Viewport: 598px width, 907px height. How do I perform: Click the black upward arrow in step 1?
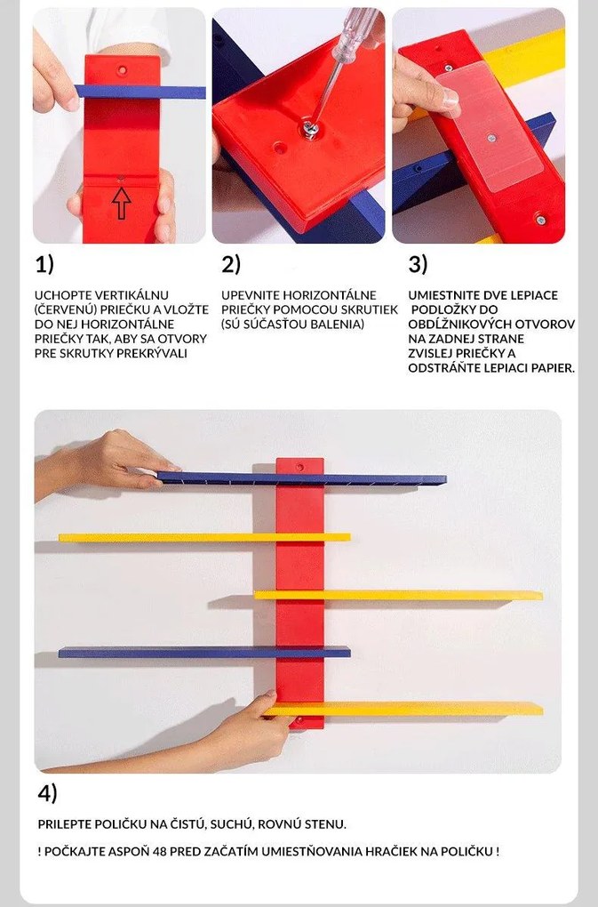(x=121, y=204)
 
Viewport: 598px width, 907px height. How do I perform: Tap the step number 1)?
(x=44, y=264)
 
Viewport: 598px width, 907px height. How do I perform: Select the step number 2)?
(x=231, y=264)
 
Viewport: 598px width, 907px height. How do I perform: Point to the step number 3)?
(x=419, y=264)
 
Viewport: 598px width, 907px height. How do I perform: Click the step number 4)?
(x=48, y=793)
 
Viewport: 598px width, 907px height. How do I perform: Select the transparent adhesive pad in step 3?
(x=490, y=127)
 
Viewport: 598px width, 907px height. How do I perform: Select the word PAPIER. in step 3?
(x=553, y=368)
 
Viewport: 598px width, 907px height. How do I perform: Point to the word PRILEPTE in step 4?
(x=64, y=824)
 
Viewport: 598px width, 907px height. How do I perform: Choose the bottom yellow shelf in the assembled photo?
(x=403, y=709)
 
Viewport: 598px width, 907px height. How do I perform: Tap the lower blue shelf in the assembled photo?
(x=204, y=653)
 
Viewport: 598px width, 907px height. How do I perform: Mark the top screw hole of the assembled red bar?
(x=299, y=466)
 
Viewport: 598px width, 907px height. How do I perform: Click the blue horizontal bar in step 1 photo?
(x=140, y=92)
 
